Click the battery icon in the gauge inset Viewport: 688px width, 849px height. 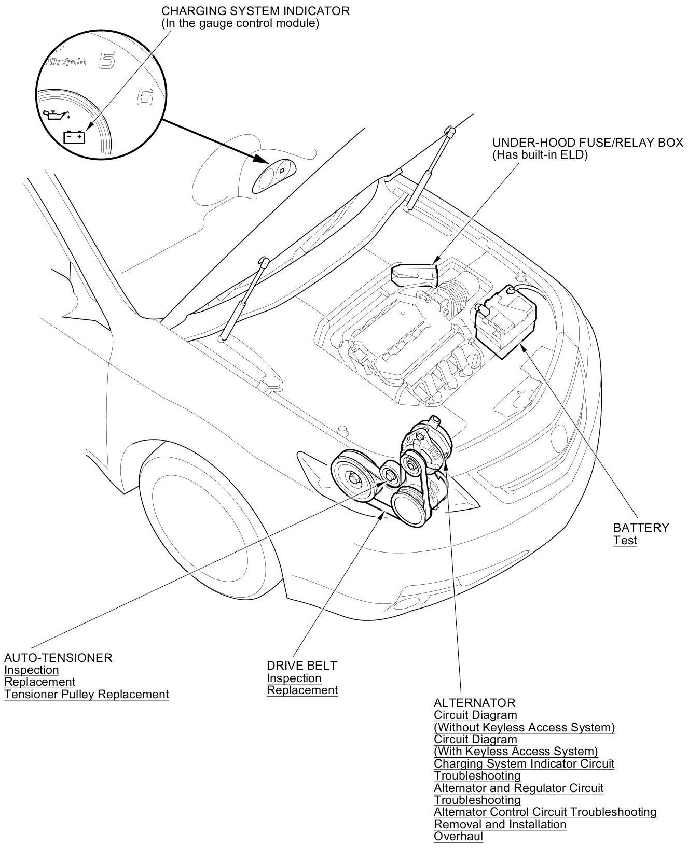click(74, 137)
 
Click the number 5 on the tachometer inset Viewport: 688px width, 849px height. click(106, 61)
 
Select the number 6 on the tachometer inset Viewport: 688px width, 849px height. click(145, 96)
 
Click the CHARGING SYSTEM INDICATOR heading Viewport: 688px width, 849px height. click(255, 11)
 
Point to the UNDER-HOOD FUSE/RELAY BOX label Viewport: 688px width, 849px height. click(587, 143)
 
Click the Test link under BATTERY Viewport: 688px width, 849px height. click(625, 540)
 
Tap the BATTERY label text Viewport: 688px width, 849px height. click(641, 528)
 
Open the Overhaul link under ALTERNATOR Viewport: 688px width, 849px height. click(458, 836)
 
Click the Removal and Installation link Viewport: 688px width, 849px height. click(500, 824)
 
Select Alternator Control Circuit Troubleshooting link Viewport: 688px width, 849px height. click(545, 812)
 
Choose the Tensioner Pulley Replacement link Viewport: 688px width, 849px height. click(87, 694)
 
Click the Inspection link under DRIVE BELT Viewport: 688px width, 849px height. click(294, 678)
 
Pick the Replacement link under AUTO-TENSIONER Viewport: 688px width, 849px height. click(40, 682)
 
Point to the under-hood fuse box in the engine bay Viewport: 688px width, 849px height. click(414, 274)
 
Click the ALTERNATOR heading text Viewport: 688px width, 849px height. click(474, 703)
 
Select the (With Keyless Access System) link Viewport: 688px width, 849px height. click(516, 751)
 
